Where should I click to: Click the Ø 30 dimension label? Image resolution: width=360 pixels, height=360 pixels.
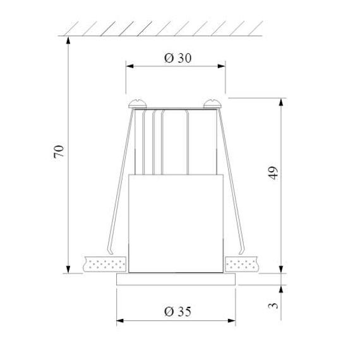coord(177,58)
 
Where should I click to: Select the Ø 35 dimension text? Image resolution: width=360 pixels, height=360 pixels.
coord(177,311)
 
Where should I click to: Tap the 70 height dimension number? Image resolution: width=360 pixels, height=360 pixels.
coord(59,152)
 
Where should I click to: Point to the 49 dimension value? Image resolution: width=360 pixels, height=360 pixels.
coord(273,174)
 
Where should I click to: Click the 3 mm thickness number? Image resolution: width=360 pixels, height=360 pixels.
coord(273,304)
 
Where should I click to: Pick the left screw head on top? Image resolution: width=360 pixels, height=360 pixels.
coord(138,102)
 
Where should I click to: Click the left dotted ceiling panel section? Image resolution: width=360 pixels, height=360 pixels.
coord(105,263)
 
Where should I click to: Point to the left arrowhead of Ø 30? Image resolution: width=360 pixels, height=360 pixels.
coord(130,65)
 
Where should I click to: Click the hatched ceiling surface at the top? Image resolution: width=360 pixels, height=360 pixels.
coord(164,27)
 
